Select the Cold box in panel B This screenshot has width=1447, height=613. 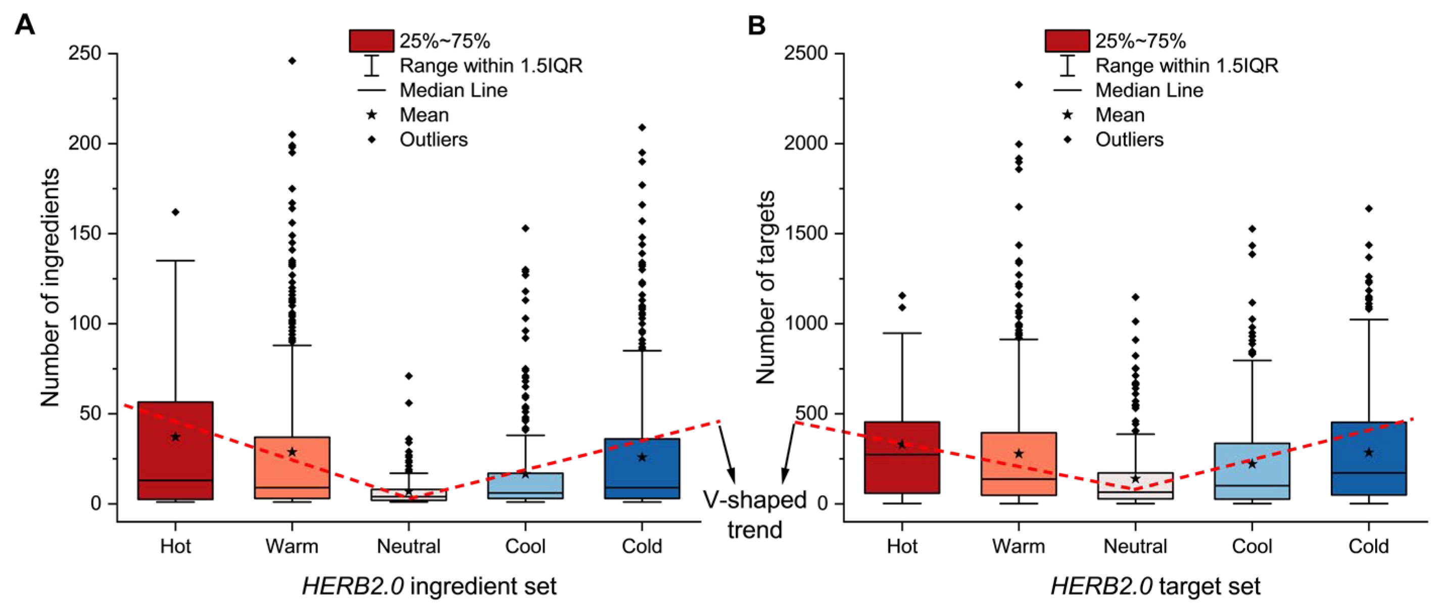1368,458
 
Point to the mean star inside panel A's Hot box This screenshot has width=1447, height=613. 175,437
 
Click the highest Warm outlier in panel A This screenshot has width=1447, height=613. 292,61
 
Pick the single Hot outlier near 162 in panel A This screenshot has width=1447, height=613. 175,212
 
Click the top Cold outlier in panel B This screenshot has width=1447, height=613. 1368,208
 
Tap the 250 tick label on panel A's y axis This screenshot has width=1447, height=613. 84,54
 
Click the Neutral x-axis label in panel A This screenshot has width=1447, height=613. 408,546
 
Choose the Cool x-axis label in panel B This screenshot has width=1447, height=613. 1251,546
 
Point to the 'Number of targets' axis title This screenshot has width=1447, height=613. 765,287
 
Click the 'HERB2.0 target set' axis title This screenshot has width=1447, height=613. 1155,587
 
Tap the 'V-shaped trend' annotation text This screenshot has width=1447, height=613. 754,514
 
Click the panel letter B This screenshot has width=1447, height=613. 757,25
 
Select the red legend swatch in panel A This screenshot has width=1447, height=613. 371,41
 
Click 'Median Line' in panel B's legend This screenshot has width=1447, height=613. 1149,90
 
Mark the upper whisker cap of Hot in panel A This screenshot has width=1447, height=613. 175,261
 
